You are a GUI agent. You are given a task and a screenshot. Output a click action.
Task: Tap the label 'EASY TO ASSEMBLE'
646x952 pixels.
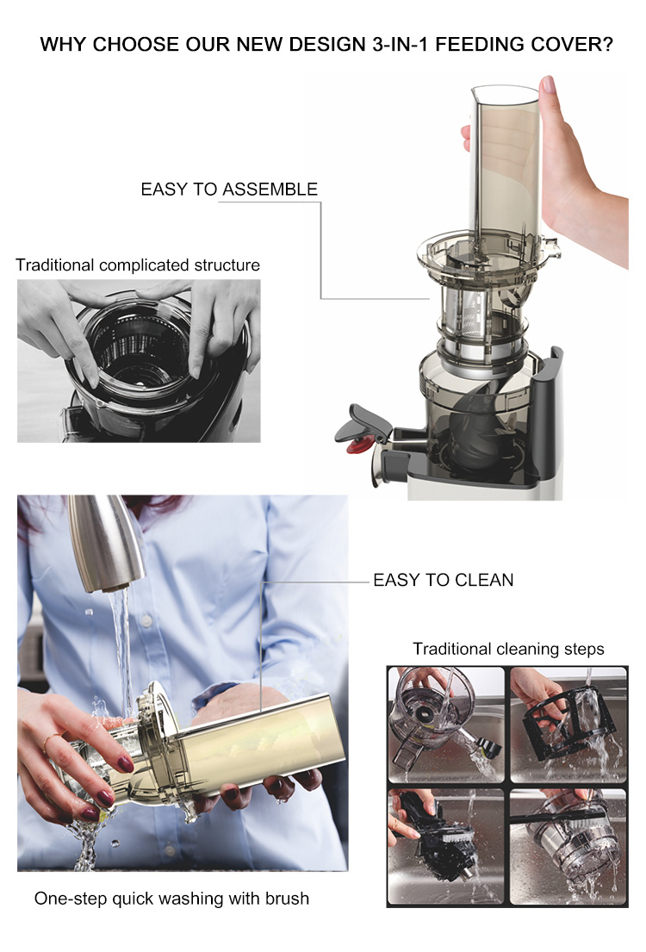pos(229,190)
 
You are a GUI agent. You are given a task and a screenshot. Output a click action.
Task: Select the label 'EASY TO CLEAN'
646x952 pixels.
pos(444,580)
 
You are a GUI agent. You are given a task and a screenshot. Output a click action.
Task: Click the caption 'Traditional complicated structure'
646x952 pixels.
pos(138,265)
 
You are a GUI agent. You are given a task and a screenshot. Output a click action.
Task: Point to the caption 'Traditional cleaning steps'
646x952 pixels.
pos(508,649)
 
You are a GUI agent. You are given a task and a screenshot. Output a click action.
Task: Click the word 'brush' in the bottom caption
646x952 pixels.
pos(287,899)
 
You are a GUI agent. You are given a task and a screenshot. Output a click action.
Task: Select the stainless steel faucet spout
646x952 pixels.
pos(106,542)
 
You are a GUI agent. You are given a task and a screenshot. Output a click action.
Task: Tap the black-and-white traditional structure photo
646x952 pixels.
pos(139,361)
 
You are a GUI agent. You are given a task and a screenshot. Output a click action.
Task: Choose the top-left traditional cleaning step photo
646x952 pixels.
pos(446,725)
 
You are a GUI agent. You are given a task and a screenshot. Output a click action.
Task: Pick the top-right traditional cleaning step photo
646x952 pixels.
pos(568,725)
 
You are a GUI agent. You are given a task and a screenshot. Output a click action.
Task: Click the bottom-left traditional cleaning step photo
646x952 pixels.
pos(446,846)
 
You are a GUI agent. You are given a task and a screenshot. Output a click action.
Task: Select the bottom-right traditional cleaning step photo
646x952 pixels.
pos(568,846)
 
